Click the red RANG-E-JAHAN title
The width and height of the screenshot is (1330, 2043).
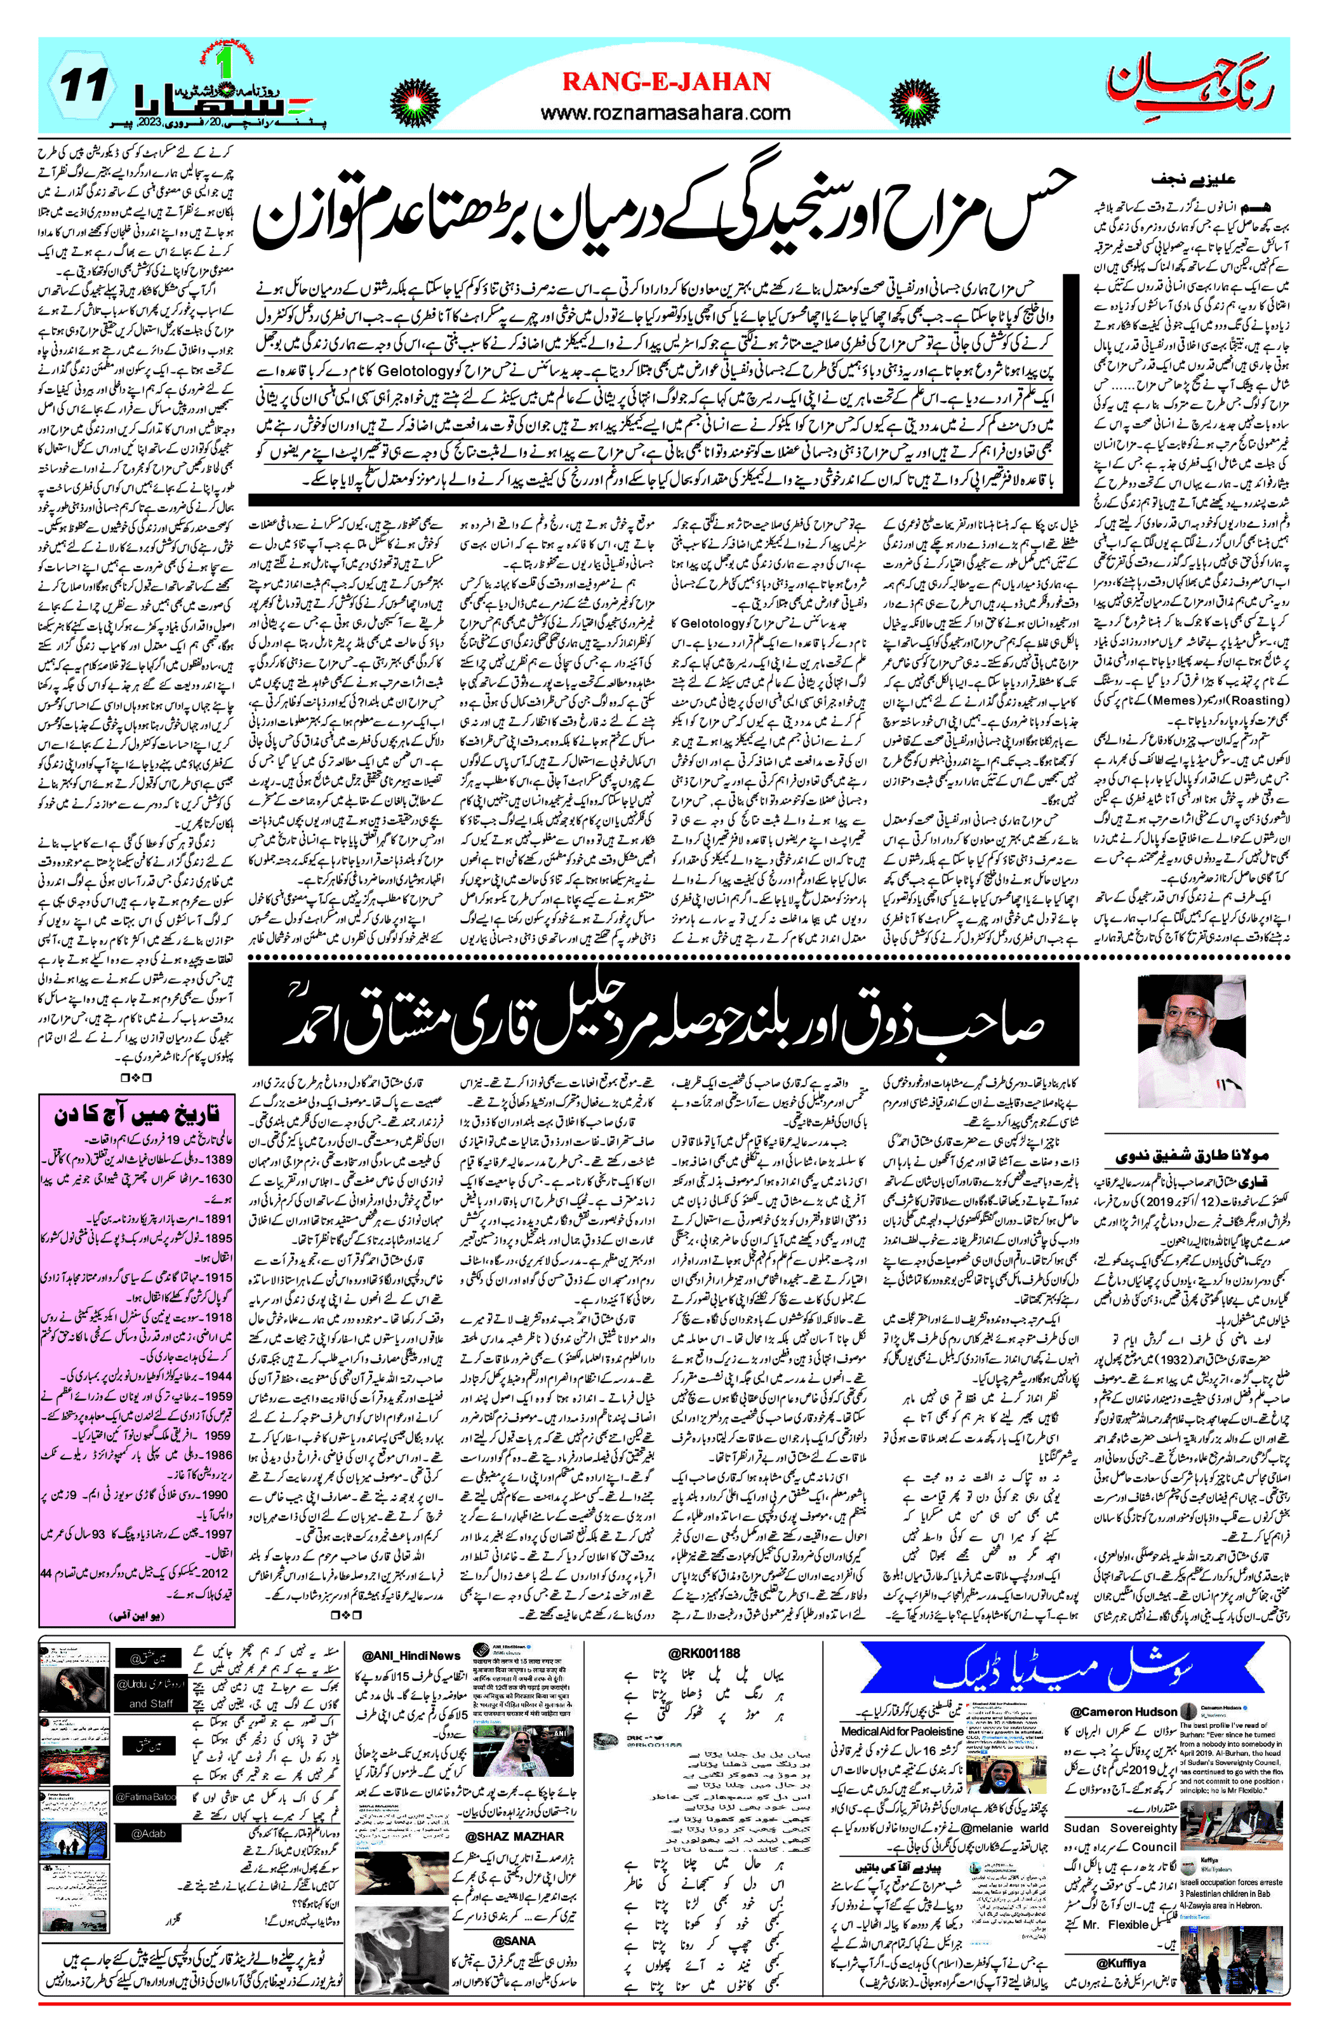tap(666, 83)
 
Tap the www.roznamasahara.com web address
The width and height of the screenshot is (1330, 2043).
tap(666, 112)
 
